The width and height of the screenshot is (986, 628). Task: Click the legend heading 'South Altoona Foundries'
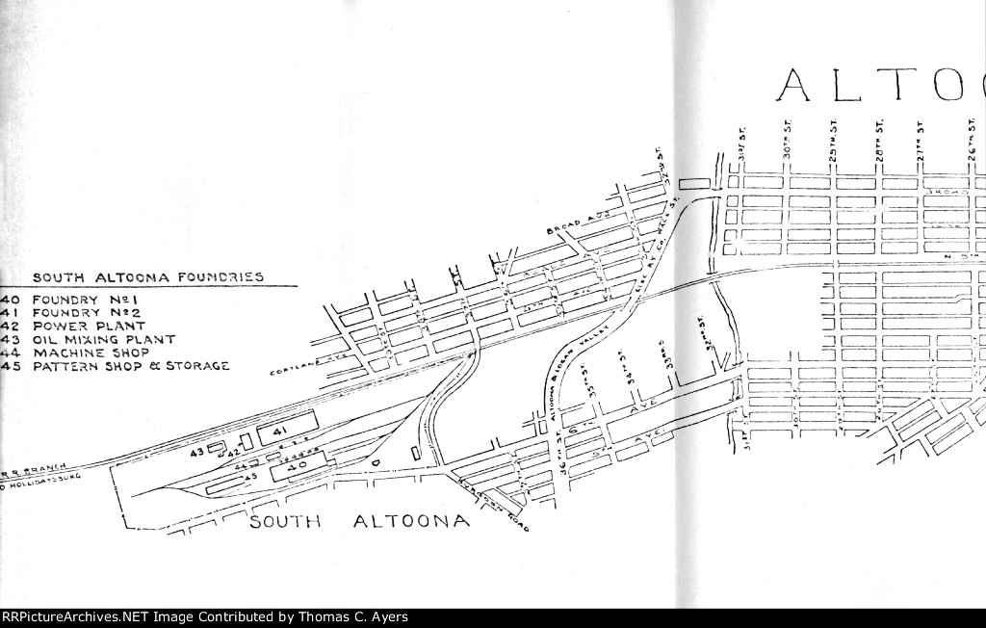pyautogui.click(x=148, y=277)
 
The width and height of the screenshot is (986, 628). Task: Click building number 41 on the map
pyautogui.click(x=281, y=430)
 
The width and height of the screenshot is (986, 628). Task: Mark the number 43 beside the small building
pyautogui.click(x=196, y=452)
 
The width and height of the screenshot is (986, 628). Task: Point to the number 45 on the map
pyautogui.click(x=251, y=476)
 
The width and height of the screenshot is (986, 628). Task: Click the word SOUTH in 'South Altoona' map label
pyautogui.click(x=285, y=523)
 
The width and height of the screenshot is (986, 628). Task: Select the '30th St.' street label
pyautogui.click(x=787, y=142)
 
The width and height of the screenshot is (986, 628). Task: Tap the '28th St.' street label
pyautogui.click(x=879, y=141)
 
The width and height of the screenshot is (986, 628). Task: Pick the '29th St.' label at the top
pyautogui.click(x=834, y=142)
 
